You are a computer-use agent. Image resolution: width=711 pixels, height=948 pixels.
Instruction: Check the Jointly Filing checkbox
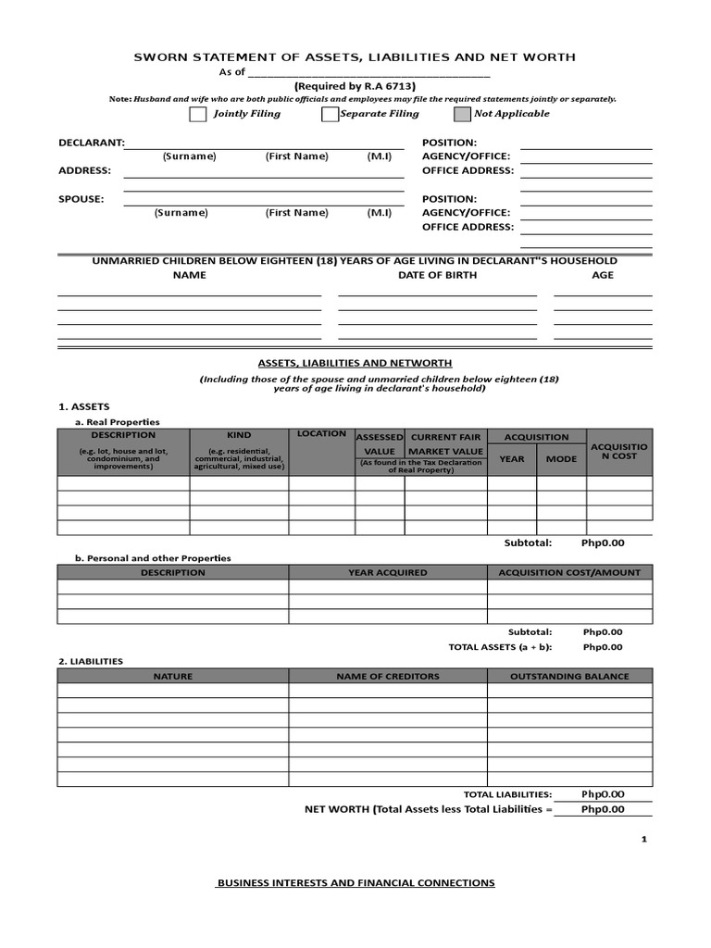[x=197, y=114]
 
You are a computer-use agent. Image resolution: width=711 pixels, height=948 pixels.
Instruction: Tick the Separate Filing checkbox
[x=330, y=114]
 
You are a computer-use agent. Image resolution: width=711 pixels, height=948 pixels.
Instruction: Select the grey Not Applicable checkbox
[x=462, y=114]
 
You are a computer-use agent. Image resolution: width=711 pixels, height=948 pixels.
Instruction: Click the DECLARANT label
[x=91, y=143]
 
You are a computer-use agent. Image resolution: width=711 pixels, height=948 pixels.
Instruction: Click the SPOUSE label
[x=81, y=199]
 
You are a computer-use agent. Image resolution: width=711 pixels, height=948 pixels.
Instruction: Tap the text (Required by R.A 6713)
[x=355, y=85]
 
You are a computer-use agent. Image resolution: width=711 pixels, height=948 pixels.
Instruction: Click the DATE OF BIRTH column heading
[x=437, y=275]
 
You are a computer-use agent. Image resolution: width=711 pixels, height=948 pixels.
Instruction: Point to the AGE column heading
[x=603, y=275]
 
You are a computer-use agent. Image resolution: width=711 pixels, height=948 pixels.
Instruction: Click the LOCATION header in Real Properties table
[x=321, y=434]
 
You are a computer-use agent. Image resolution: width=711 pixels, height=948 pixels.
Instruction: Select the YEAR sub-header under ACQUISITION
[x=511, y=458]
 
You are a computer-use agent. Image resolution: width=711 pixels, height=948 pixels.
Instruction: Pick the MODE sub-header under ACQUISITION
[x=561, y=458]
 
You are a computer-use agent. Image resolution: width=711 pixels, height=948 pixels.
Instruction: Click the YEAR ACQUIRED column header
[x=387, y=572]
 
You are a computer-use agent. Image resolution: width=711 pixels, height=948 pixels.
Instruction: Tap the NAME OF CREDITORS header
[x=387, y=676]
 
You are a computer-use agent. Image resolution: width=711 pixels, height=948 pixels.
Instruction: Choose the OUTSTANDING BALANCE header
[x=569, y=676]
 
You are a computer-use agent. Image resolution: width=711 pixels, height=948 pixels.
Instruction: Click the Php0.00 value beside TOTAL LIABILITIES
[x=603, y=794]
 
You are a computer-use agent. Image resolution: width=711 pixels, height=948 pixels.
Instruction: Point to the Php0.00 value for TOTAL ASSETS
[x=603, y=647]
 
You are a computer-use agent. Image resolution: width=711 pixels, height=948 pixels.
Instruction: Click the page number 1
[x=642, y=839]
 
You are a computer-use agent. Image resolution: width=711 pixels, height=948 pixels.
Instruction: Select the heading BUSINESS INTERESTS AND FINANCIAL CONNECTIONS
[x=355, y=883]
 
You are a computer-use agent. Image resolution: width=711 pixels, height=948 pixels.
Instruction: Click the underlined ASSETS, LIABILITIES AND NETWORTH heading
[x=355, y=364]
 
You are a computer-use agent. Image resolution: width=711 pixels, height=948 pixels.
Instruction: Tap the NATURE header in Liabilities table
[x=172, y=676]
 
